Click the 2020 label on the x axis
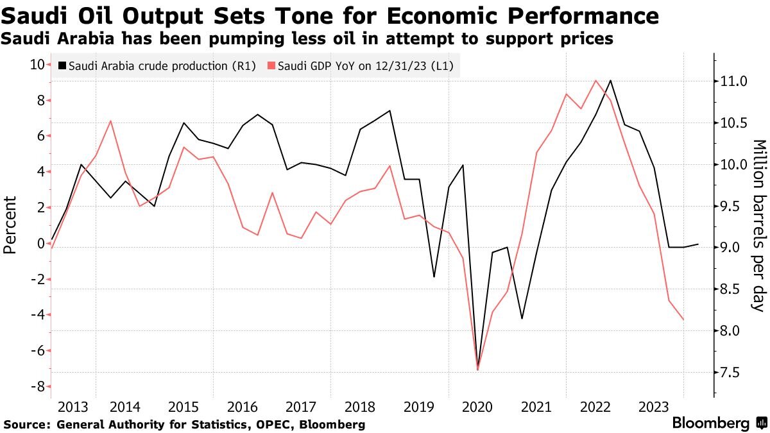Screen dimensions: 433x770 click(477, 407)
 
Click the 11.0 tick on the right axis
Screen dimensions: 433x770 click(734, 81)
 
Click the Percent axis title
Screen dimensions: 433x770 click(10, 225)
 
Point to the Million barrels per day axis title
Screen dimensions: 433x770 click(759, 225)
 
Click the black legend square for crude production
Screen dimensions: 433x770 click(62, 66)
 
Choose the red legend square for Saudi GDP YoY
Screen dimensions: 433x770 click(271, 66)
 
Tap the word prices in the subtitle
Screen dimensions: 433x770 click(585, 39)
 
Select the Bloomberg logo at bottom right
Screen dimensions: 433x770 click(719, 423)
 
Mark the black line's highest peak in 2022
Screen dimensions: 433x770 click(610, 80)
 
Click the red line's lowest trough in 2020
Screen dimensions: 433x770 click(478, 370)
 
